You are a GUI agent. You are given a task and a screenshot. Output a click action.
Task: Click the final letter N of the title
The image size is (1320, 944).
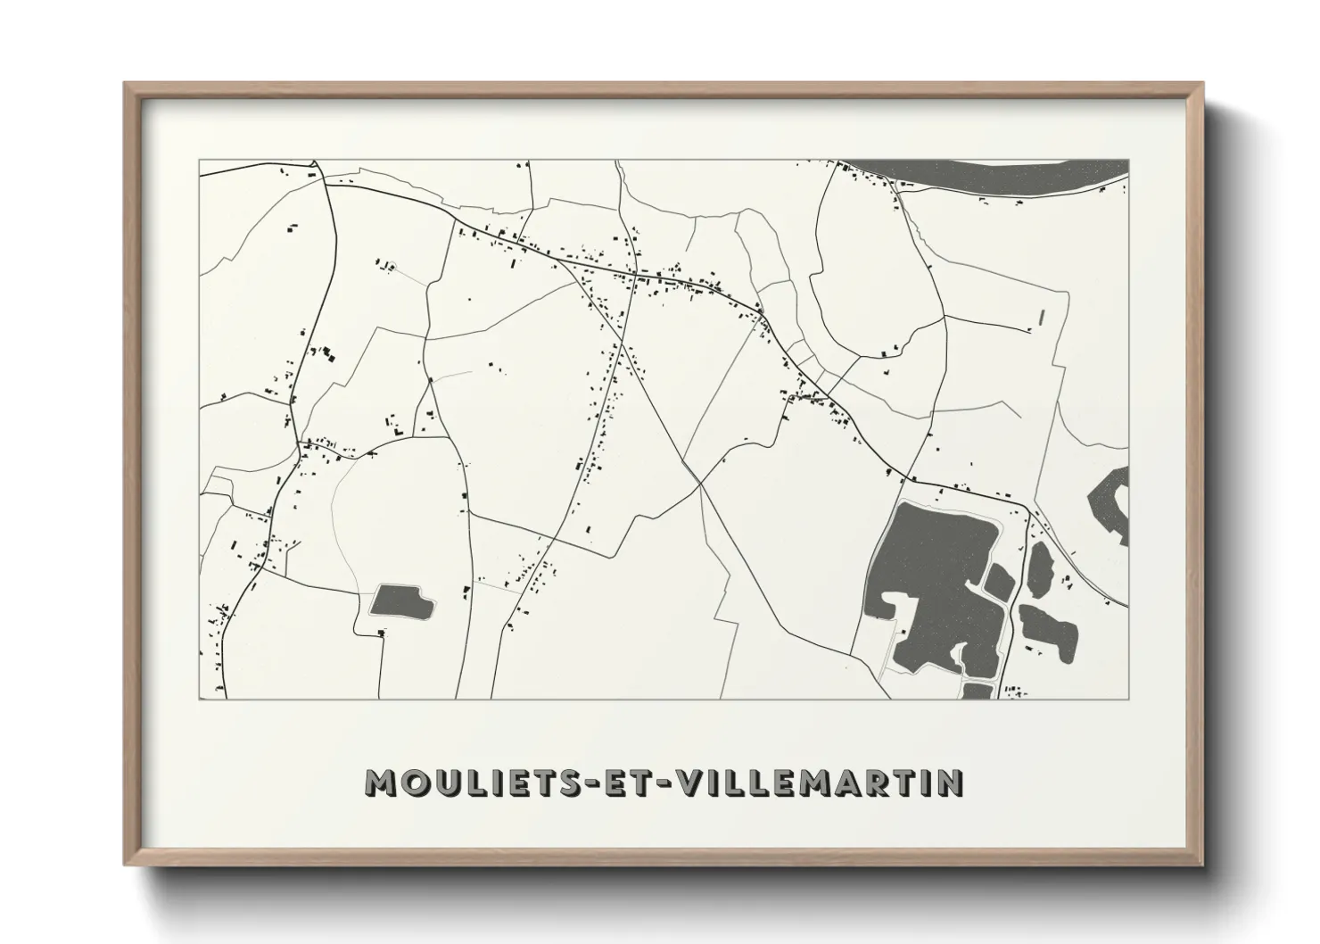951,783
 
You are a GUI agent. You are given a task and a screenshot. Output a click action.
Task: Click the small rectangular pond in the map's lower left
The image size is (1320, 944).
400,601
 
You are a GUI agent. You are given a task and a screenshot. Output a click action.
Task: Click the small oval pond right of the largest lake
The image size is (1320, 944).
1039,568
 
